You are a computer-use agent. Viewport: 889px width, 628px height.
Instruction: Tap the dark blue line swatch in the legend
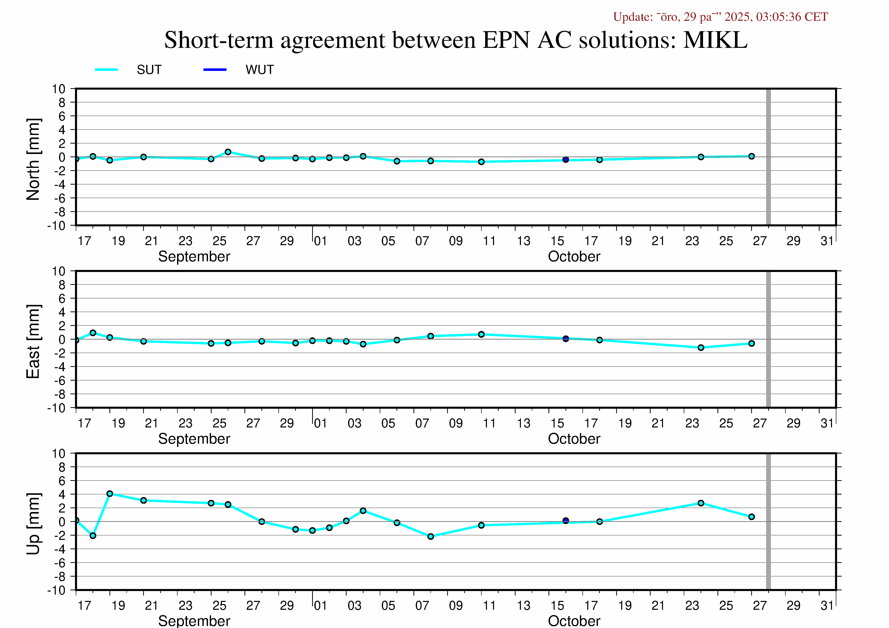tap(215, 70)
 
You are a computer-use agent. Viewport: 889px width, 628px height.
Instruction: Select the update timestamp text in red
tap(720, 17)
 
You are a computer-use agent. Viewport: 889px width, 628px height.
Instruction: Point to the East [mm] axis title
tap(33, 341)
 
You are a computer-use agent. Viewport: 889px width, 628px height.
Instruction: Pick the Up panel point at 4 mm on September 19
tap(110, 494)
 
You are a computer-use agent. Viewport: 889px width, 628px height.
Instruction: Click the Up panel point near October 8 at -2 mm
tap(430, 536)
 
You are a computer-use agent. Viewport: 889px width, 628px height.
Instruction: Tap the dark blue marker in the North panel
tap(566, 160)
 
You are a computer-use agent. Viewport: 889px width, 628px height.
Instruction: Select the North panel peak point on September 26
tap(228, 152)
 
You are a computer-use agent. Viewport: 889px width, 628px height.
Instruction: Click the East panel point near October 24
tap(701, 347)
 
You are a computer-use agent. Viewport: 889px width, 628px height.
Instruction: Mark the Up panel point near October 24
tap(701, 503)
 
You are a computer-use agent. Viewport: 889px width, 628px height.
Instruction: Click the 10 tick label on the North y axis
tap(59, 89)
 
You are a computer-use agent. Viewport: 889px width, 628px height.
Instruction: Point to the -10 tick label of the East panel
tap(56, 408)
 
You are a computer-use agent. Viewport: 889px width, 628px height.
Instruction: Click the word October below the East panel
tap(574, 439)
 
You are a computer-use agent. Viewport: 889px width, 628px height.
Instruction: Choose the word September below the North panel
tap(194, 257)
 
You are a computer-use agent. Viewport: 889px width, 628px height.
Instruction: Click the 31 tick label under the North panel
tap(827, 241)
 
